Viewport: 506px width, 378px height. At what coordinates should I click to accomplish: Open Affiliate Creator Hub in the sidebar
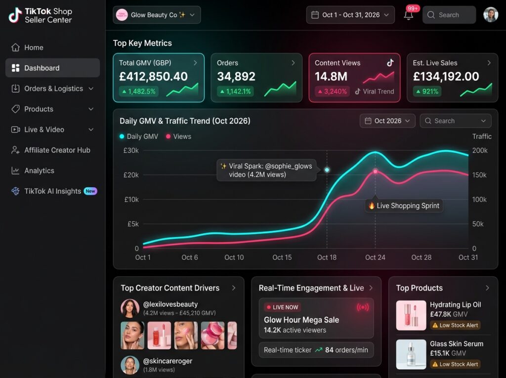pyautogui.click(x=51, y=150)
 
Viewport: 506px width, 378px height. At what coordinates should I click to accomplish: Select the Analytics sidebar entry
pyautogui.click(x=33, y=171)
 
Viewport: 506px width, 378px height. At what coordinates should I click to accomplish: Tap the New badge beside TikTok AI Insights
pyautogui.click(x=90, y=191)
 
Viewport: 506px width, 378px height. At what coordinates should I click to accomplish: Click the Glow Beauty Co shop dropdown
pyautogui.click(x=157, y=15)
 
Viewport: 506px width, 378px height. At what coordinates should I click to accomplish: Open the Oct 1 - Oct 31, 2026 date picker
pyautogui.click(x=350, y=15)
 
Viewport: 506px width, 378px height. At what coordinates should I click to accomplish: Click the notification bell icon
pyautogui.click(x=409, y=15)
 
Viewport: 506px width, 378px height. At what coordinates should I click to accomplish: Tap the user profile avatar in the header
pyautogui.click(x=491, y=15)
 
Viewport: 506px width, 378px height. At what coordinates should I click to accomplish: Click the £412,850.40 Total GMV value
pyautogui.click(x=153, y=77)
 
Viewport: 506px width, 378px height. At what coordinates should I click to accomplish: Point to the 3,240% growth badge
pyautogui.click(x=333, y=91)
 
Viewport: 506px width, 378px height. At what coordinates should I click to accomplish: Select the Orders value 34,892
pyautogui.click(x=236, y=77)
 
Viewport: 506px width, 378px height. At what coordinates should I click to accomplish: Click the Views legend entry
pyautogui.click(x=178, y=136)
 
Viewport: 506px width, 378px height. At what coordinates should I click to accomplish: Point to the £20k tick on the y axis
pyautogui.click(x=131, y=175)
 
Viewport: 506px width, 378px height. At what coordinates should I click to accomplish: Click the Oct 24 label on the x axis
pyautogui.click(x=375, y=257)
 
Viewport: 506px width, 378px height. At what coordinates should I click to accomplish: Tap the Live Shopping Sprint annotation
pyautogui.click(x=404, y=206)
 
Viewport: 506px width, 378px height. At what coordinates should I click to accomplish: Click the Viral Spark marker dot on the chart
pyautogui.click(x=327, y=170)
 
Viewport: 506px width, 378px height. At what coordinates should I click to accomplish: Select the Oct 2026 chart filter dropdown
pyautogui.click(x=387, y=121)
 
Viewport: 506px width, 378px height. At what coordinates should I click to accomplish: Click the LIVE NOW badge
pyautogui.click(x=282, y=307)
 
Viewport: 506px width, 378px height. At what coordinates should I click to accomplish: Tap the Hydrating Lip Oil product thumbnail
pyautogui.click(x=411, y=315)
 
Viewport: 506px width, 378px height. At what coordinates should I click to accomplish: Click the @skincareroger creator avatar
pyautogui.click(x=130, y=365)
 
